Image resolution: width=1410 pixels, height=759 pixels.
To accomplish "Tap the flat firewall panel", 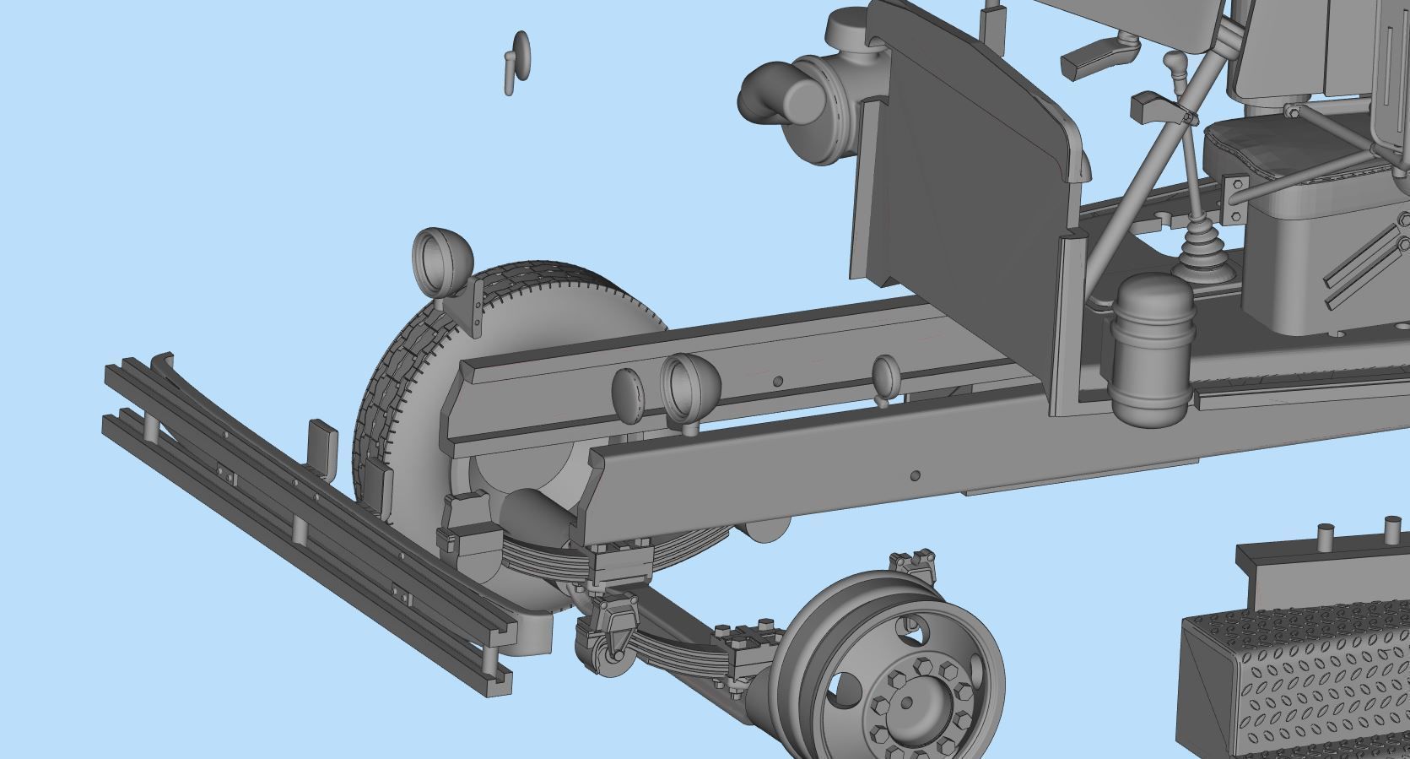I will pyautogui.click(x=962, y=186).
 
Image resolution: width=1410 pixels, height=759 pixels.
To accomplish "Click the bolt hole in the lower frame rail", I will pyautogui.click(x=915, y=476).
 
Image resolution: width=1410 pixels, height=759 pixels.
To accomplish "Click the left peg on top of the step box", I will pyautogui.click(x=1324, y=537).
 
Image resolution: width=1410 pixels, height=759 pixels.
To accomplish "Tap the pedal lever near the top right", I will pyautogui.click(x=1097, y=57).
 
